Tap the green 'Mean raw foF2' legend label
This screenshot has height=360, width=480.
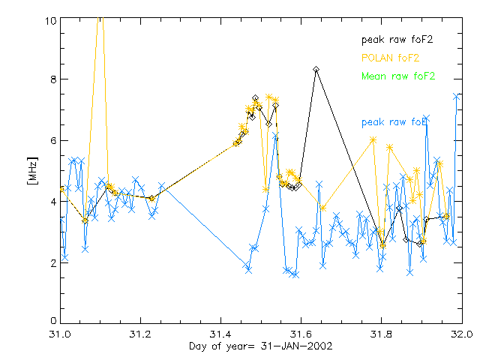pos(397,76)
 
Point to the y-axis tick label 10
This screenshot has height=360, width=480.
pos(50,21)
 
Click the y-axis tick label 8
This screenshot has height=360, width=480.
pos(53,79)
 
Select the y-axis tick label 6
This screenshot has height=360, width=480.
pos(53,140)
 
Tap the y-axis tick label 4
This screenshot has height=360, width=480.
pos(53,202)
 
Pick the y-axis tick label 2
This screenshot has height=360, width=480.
pos(53,263)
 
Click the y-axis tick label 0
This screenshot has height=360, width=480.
pos(53,321)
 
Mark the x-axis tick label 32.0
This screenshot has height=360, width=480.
pos(461,332)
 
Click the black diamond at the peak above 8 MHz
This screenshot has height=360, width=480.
pos(316,69)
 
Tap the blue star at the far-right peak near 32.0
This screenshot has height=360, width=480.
pos(456,96)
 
